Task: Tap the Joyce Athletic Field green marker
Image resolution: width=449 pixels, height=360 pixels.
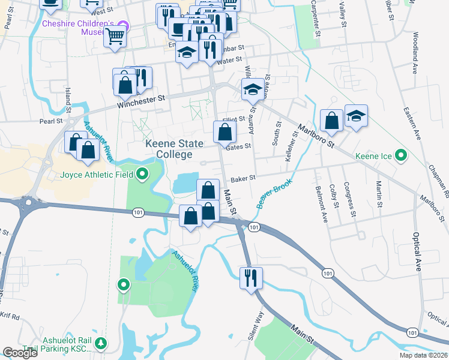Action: point(142,175)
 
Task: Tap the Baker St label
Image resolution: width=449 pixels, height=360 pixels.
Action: point(244,178)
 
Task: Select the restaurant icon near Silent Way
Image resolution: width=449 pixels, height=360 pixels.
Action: point(250,278)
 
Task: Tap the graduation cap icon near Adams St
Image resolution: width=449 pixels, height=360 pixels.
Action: point(253,90)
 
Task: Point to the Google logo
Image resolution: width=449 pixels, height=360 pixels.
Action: point(20,353)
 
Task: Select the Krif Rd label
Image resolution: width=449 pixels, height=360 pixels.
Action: point(10,316)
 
